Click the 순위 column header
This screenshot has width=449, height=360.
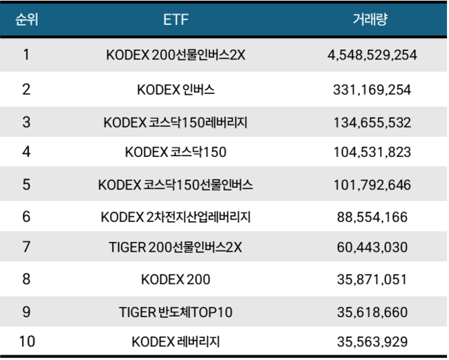26,19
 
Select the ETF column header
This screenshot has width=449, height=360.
175,19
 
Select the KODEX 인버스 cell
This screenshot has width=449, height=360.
175,89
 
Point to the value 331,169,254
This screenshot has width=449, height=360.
372,89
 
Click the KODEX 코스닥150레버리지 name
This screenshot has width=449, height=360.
175,123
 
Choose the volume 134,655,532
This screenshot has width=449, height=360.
372,123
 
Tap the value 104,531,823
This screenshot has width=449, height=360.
372,152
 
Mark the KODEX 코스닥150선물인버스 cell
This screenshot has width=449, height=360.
175,185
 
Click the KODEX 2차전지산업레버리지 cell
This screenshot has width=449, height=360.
175,217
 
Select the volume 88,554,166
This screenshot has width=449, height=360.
372,217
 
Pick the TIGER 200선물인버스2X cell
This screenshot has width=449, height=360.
175,247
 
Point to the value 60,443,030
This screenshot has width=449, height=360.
372,247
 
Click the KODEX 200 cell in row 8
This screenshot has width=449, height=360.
175,280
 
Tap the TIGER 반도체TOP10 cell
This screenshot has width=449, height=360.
175,312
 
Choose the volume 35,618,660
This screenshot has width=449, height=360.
372,312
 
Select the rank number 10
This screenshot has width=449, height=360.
26,341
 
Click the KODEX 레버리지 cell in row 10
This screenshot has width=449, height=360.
175,341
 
